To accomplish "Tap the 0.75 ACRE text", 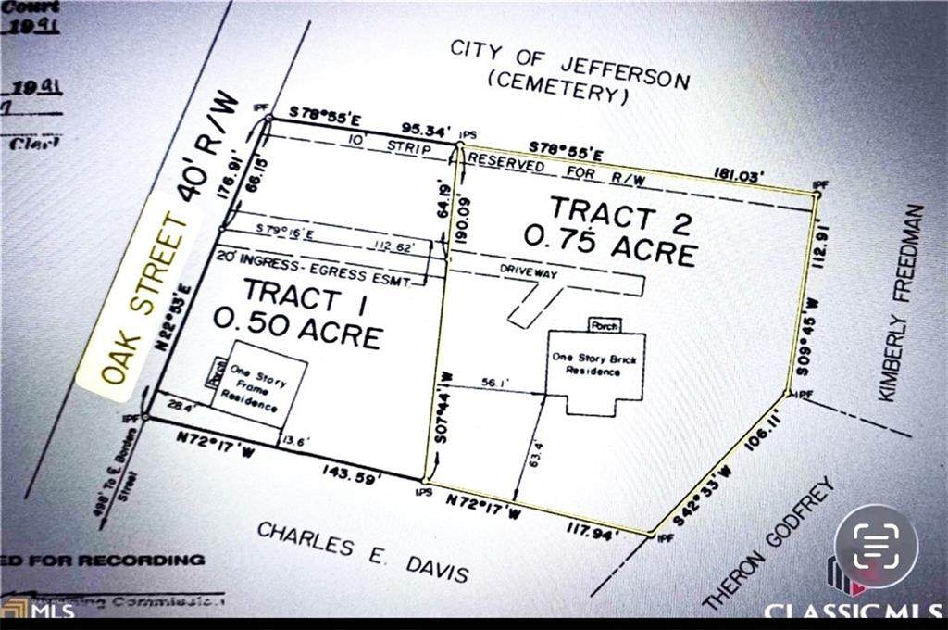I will coord(609,244).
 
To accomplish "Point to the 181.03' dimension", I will coord(750,173).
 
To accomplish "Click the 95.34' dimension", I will coord(426,129).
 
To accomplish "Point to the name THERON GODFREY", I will coord(769,545).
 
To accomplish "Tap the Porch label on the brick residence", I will coord(605,324).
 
